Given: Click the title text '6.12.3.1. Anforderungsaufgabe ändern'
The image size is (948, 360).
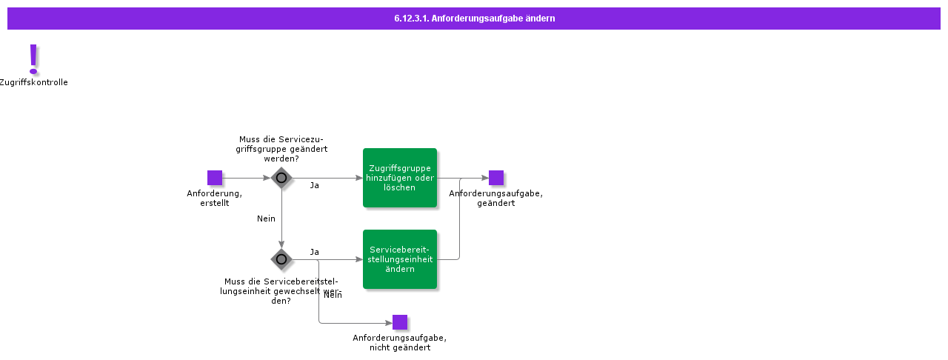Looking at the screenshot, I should click(x=474, y=19).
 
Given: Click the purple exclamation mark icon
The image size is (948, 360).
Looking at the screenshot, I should click(x=33, y=59).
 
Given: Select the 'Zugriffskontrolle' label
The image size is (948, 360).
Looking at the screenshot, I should click(x=33, y=82).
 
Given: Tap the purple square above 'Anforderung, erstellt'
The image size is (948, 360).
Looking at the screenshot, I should click(x=215, y=178).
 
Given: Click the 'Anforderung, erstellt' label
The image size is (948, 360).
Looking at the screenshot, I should click(x=215, y=199).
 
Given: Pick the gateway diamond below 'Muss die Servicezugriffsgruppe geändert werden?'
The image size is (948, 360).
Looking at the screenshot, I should click(x=281, y=178).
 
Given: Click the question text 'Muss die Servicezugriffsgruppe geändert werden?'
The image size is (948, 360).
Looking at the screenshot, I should click(x=281, y=148).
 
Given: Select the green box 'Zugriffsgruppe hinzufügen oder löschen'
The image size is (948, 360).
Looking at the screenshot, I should click(x=400, y=178).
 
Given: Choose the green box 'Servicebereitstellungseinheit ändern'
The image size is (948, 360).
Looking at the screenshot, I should click(x=400, y=259).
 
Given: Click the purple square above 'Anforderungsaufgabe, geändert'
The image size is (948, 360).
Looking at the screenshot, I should click(x=496, y=178).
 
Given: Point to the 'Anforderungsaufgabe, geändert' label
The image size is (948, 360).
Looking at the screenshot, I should click(x=496, y=199).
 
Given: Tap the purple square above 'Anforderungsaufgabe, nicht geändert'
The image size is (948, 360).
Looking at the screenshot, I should click(x=400, y=322).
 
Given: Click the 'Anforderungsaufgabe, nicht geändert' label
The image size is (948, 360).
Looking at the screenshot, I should click(x=400, y=342).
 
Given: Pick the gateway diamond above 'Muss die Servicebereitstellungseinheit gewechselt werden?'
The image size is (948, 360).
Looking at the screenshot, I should click(x=281, y=259).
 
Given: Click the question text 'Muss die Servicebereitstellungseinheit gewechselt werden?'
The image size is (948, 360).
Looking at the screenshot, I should click(x=281, y=290).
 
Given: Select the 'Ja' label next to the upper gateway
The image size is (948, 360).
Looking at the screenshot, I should click(x=315, y=185).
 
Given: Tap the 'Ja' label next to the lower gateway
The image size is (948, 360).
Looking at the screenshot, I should click(x=315, y=252).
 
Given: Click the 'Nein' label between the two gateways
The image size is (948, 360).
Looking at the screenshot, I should click(x=266, y=219).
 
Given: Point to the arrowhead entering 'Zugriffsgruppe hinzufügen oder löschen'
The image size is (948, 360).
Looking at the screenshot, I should click(x=359, y=178).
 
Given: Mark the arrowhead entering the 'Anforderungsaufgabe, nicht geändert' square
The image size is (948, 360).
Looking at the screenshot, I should click(x=389, y=323).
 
